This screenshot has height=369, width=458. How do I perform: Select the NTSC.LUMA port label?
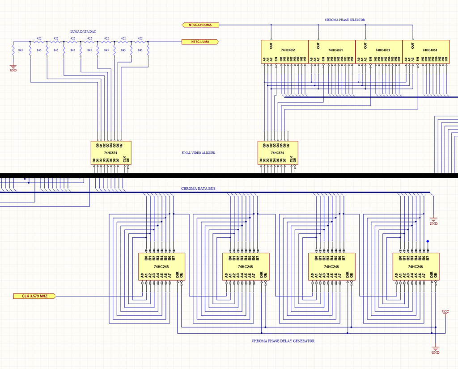click(199, 42)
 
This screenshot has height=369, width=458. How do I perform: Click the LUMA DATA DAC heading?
click(84, 31)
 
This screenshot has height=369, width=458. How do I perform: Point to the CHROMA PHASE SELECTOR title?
click(345, 20)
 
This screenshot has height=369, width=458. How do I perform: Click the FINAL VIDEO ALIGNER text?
click(198, 153)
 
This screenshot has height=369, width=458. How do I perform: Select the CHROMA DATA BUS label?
click(198, 189)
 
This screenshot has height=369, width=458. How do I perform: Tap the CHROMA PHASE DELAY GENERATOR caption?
click(283, 341)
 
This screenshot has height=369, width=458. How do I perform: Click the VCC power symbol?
click(445, 311)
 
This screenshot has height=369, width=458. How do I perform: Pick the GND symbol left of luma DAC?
click(13, 69)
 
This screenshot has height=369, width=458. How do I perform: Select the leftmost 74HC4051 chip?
click(284, 51)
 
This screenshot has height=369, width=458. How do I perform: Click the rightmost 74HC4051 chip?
click(426, 51)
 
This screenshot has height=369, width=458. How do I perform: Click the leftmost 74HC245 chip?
click(161, 267)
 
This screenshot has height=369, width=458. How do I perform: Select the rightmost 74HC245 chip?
click(416, 267)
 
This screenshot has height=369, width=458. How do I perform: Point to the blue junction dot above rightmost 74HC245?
click(428, 242)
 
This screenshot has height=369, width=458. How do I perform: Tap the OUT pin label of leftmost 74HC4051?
click(271, 46)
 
